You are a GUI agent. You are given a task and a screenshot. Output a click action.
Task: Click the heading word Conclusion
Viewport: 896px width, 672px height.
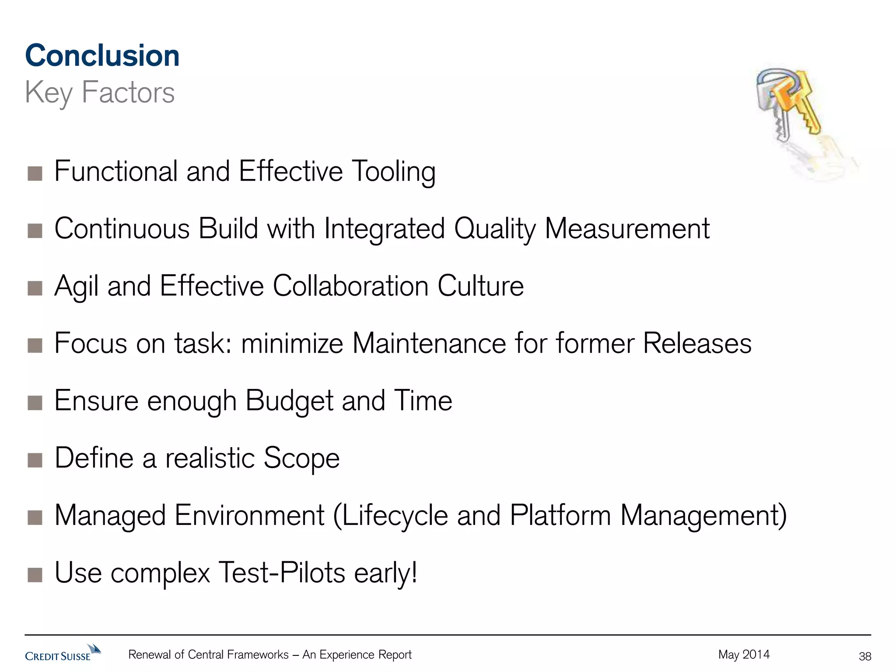tap(102, 56)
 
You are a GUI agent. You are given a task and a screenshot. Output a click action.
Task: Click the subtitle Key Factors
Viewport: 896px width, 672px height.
tap(100, 93)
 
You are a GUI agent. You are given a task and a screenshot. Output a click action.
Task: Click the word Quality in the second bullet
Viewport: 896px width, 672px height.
tap(494, 229)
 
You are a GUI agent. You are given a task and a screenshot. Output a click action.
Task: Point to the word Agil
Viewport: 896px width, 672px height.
tap(76, 287)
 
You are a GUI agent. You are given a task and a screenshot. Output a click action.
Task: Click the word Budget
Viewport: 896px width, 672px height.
tap(289, 401)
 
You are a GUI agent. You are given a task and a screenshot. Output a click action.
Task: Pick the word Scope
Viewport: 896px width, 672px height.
tap(301, 458)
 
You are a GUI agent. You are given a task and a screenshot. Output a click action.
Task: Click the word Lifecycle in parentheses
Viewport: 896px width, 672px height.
tap(395, 516)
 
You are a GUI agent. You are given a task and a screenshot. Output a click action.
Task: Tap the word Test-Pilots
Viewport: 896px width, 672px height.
tap(282, 573)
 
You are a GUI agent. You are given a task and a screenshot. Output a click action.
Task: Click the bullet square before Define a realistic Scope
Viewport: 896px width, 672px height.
tap(35, 460)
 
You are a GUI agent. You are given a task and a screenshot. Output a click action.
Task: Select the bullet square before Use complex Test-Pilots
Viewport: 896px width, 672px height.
tap(35, 575)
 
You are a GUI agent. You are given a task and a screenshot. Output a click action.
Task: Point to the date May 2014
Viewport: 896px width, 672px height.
tap(744, 654)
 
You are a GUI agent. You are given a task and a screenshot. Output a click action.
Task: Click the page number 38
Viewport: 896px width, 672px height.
tap(865, 656)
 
